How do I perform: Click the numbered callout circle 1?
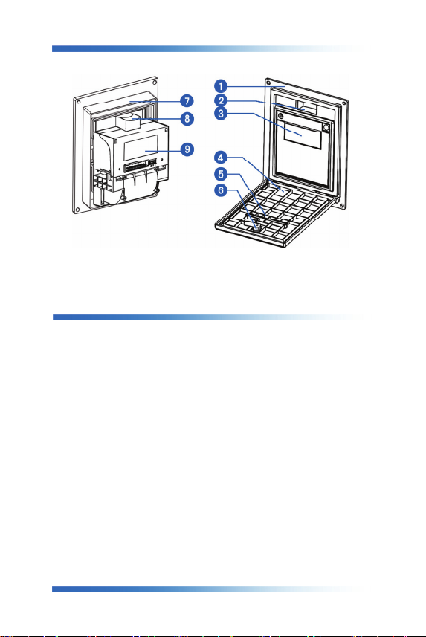[x=221, y=86]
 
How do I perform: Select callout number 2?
[x=221, y=100]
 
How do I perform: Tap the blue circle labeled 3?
[x=221, y=113]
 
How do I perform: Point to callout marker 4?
[x=221, y=158]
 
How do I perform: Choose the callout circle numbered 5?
[x=221, y=174]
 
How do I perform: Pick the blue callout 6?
[x=221, y=190]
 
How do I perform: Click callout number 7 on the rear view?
[x=187, y=101]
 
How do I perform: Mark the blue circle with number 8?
[x=187, y=119]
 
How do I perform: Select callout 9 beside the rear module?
[x=187, y=149]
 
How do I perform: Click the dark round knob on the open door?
[x=257, y=228]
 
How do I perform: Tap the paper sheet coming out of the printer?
[x=303, y=136]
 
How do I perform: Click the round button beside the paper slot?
[x=326, y=127]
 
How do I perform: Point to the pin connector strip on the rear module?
[x=136, y=167]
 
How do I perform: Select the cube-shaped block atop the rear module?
[x=129, y=123]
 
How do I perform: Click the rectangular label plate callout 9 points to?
[x=141, y=147]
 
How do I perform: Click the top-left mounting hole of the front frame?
[x=268, y=82]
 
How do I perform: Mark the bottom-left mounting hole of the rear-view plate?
[x=76, y=210]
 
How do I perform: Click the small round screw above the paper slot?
[x=280, y=117]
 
